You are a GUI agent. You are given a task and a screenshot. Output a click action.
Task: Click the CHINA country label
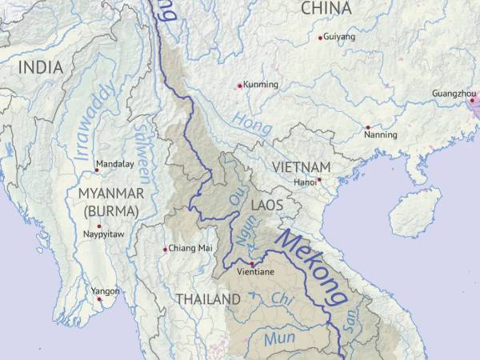326,9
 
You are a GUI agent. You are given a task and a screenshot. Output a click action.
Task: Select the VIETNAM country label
301,166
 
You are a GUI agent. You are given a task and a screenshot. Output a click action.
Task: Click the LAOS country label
267,206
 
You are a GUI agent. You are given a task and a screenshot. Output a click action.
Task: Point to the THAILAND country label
208,299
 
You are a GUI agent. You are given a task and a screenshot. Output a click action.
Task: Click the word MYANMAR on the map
111,194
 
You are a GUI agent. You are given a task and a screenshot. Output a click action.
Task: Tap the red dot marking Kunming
239,86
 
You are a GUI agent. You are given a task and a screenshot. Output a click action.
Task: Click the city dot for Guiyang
321,38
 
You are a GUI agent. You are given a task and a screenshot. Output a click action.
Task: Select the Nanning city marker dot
368,127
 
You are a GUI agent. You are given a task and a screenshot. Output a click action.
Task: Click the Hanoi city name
305,182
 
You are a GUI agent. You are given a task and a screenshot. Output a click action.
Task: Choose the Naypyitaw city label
102,234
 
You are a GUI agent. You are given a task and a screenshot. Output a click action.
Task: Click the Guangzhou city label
453,94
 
